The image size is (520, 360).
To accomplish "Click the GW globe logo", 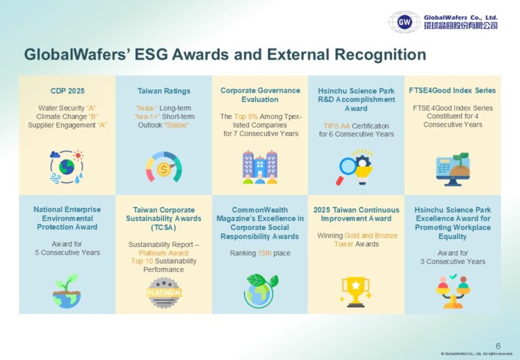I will tap(404, 22).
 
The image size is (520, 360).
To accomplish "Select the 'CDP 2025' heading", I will tap(67, 91).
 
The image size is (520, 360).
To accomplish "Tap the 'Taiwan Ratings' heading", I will tap(164, 91).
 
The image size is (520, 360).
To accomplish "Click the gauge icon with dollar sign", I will tap(164, 166).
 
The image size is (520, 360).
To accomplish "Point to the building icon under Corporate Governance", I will tap(260, 167).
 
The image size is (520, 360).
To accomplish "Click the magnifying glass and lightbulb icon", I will tap(356, 167).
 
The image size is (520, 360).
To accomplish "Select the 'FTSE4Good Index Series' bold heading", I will tap(452, 91).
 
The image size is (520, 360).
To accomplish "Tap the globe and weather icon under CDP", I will tap(67, 167).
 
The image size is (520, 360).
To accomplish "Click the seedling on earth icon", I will tap(67, 290).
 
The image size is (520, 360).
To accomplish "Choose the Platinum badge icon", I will tap(164, 292).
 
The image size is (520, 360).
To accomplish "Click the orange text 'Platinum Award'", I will tap(164, 252).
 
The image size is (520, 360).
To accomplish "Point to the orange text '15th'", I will tap(266, 253).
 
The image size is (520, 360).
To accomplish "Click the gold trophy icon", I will tap(356, 291).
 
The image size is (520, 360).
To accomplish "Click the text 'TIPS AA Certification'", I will tap(356, 125).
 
